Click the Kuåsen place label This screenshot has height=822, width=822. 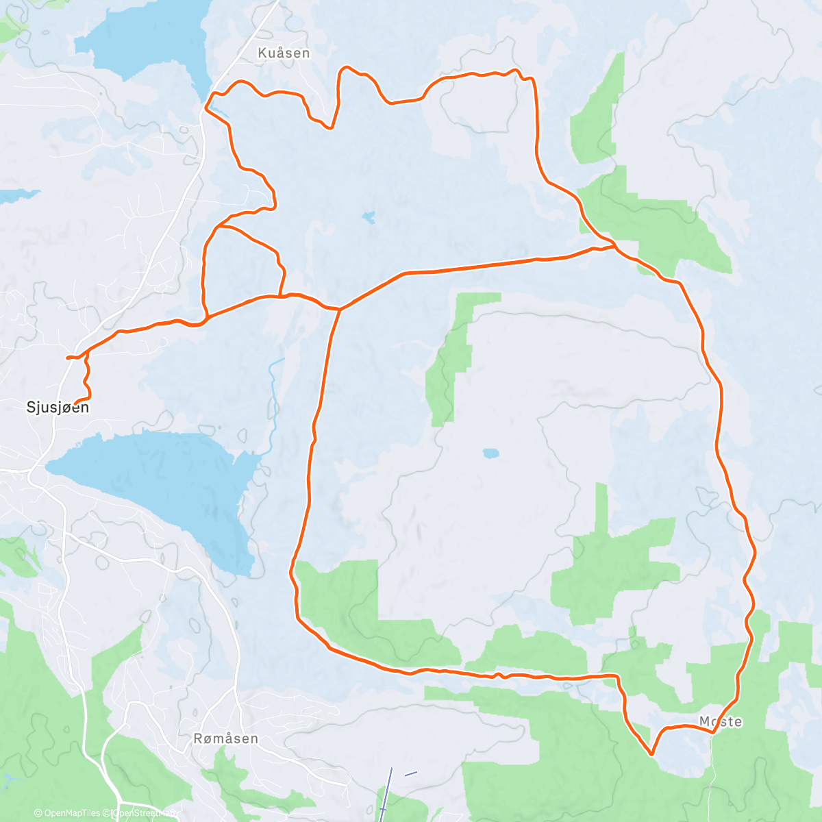tap(284, 53)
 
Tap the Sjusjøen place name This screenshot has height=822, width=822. tap(58, 408)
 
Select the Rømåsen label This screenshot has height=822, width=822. tap(226, 738)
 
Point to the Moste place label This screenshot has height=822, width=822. tap(721, 722)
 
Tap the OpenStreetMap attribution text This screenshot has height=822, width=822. tap(144, 814)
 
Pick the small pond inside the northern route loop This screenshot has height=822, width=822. tap(369, 218)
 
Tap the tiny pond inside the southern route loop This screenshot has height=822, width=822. tap(490, 453)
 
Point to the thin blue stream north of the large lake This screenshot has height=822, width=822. tap(274, 404)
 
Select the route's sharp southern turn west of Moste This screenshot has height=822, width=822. tap(651, 754)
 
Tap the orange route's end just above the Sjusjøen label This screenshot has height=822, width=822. tap(75, 401)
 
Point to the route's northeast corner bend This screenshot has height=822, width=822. tap(530, 79)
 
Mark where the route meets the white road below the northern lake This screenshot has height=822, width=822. tap(206, 108)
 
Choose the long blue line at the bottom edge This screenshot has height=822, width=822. tap(385, 795)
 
